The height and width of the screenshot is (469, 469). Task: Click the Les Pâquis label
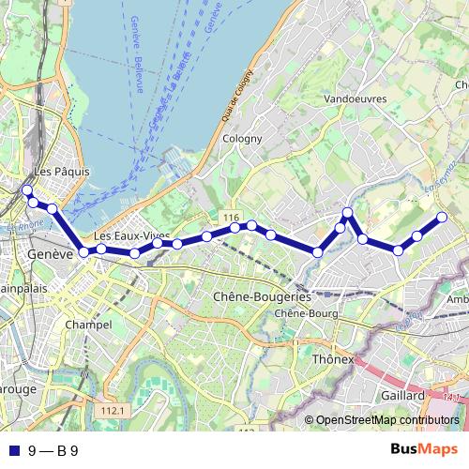pos(60,172)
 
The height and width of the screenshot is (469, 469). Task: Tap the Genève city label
pos(51,254)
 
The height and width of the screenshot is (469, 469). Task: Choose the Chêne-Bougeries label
pos(255,296)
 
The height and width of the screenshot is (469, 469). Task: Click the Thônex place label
pos(334,359)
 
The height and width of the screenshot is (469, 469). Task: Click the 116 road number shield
pos(232,218)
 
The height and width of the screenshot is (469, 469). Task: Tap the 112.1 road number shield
pos(113,411)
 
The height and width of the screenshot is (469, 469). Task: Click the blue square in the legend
pos(11,450)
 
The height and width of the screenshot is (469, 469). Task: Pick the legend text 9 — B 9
pos(53,450)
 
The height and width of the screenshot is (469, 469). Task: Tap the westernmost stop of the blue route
pos(26,191)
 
